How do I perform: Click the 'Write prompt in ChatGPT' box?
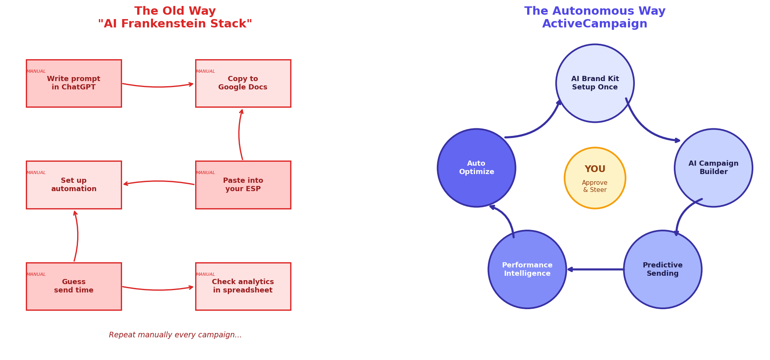[x=74, y=83]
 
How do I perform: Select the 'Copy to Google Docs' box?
[x=243, y=83]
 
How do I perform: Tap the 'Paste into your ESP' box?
[x=243, y=185]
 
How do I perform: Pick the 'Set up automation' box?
[x=74, y=185]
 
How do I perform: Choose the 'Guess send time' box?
[x=74, y=286]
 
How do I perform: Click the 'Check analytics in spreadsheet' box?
[x=243, y=286]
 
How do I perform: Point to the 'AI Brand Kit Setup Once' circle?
[x=595, y=83]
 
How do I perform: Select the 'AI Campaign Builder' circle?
[x=713, y=168]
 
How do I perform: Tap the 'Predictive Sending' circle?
[x=662, y=269]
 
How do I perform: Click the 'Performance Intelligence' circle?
[x=527, y=269]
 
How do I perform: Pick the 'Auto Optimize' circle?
[x=476, y=168]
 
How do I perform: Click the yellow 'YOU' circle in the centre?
[x=595, y=178]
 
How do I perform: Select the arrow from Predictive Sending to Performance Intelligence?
[x=595, y=269]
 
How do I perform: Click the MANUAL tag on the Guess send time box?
[x=36, y=275]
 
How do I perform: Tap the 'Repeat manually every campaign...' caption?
[x=175, y=335]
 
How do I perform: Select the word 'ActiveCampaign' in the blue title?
[x=595, y=24]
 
